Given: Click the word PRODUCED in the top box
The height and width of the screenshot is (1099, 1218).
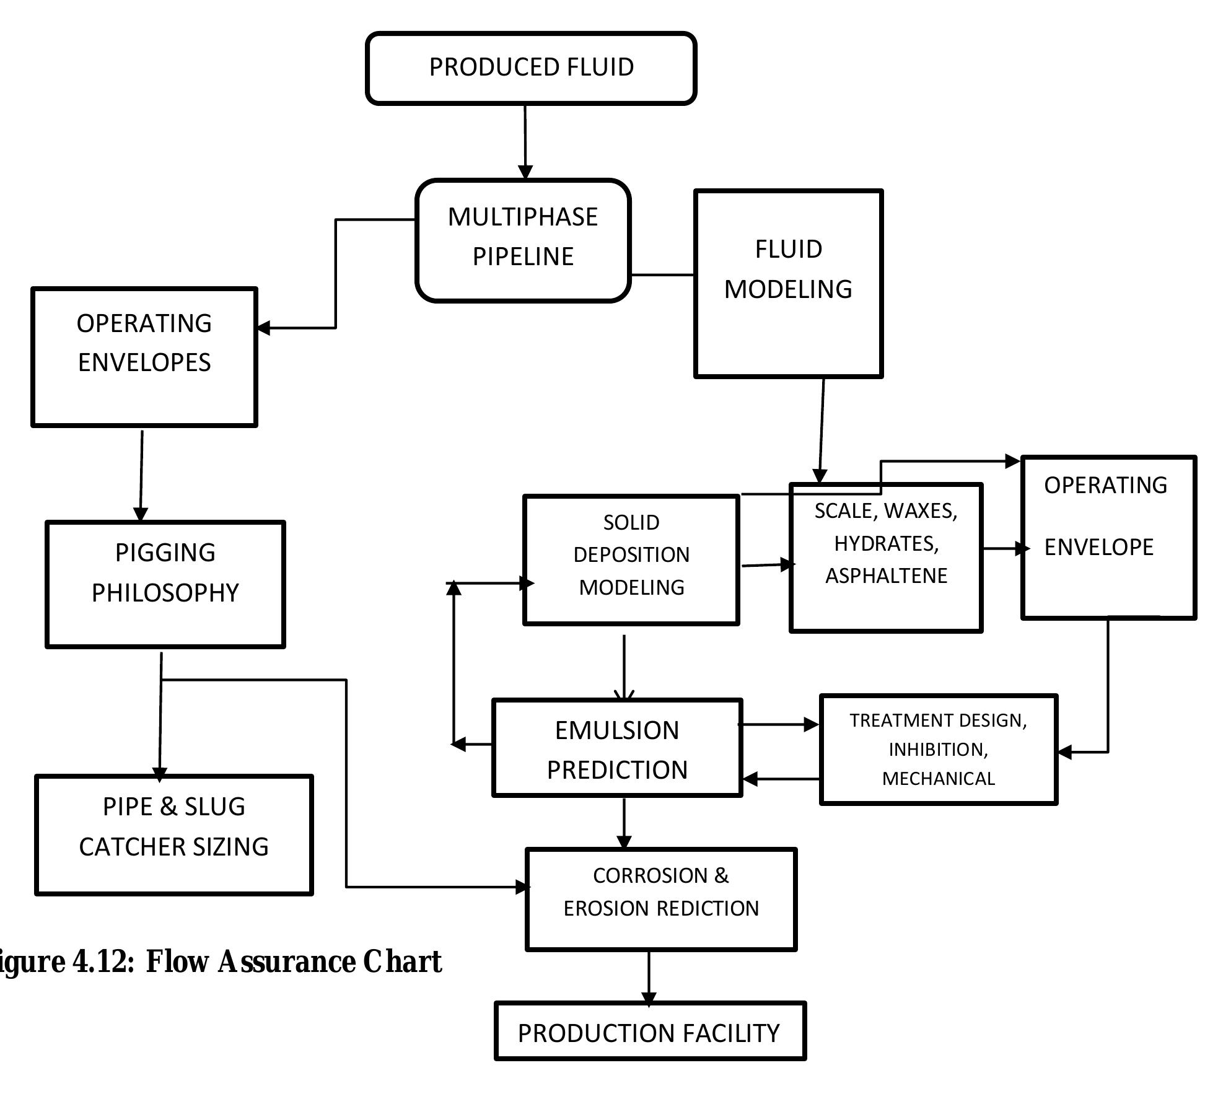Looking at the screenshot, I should (x=483, y=67).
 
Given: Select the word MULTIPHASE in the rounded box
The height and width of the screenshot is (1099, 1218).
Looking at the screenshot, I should (x=523, y=217).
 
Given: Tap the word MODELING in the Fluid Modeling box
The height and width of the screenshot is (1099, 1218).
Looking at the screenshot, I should (x=788, y=289).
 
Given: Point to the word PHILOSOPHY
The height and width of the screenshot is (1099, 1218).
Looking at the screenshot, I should (x=165, y=593).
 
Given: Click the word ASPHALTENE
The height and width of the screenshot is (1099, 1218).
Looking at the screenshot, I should (x=886, y=576).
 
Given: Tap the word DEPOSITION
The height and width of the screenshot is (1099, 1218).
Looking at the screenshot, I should (x=631, y=554).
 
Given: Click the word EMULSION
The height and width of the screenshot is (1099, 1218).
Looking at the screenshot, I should (x=617, y=730).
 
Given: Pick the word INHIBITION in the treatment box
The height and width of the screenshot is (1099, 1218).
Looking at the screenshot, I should (x=938, y=750).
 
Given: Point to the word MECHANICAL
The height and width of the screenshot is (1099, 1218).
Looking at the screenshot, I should (x=938, y=779).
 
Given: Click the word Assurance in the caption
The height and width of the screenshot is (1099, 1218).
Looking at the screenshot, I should (x=286, y=961).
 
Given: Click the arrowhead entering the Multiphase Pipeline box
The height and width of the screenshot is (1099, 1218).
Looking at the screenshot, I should (x=525, y=172).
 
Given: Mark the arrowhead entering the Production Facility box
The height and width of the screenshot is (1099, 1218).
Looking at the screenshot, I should (x=649, y=999).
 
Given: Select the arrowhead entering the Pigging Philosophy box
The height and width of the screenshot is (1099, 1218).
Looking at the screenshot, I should (x=141, y=514).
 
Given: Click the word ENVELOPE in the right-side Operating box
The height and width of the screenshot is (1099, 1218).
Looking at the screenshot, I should (x=1098, y=547).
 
